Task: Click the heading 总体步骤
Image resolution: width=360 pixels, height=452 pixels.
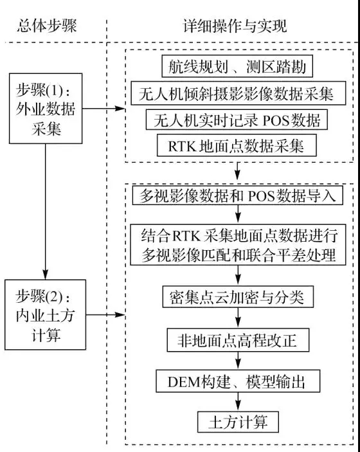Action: (47, 26)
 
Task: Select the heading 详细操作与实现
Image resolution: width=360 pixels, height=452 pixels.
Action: (235, 26)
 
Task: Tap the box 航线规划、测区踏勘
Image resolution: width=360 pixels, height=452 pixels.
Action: (237, 67)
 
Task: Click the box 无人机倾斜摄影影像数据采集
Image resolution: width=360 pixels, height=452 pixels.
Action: (239, 93)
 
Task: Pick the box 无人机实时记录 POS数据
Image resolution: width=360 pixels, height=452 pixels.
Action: (237, 120)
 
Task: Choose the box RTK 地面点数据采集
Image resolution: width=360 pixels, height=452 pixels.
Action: (237, 145)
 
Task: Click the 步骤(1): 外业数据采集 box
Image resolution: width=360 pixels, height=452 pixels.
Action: (46, 109)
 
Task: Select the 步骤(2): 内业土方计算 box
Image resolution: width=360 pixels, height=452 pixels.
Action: (45, 314)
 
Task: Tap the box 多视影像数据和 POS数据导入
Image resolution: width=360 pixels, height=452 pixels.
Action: (238, 195)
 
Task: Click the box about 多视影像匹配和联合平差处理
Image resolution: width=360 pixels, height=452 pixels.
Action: (238, 245)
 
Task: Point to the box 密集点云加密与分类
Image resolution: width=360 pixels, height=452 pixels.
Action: (238, 296)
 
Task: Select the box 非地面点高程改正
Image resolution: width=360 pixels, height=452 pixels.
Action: (238, 340)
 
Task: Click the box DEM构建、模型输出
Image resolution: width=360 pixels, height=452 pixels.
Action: (238, 381)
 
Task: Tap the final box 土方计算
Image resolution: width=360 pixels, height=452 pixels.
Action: (238, 422)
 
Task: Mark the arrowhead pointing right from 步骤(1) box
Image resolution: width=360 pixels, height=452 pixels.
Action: (120, 109)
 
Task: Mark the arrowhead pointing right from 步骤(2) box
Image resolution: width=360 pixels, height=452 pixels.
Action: (120, 314)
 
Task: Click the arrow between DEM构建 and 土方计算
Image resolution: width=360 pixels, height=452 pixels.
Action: (238, 402)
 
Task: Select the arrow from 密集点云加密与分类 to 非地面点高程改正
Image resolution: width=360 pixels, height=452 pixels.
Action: (238, 318)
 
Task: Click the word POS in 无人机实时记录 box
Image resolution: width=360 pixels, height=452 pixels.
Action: (276, 120)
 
